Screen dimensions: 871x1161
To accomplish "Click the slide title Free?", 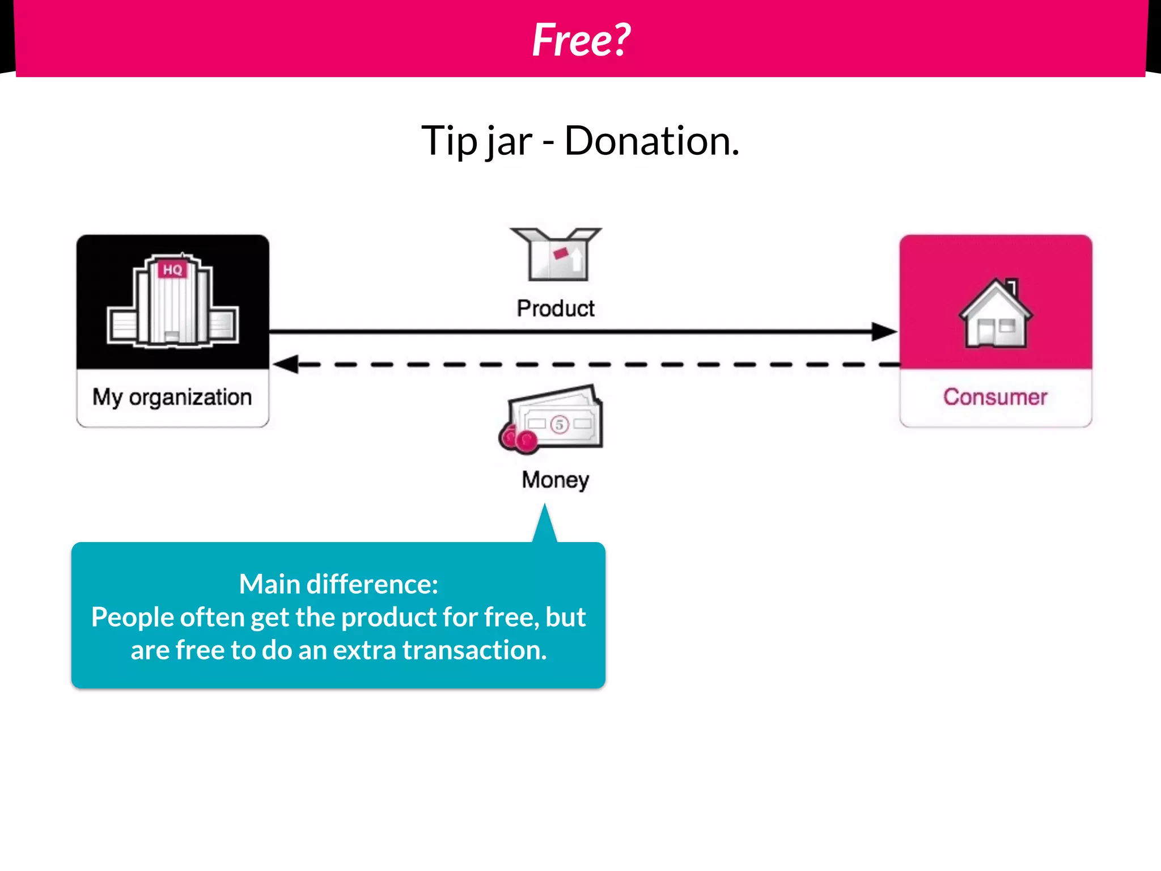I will click(581, 40).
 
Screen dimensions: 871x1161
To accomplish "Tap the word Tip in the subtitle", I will click(449, 141).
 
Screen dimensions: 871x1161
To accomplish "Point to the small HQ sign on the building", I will click(172, 269).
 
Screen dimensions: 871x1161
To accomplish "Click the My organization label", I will click(172, 397).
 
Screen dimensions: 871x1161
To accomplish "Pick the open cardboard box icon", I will click(556, 255).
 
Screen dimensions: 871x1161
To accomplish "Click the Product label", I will click(556, 308).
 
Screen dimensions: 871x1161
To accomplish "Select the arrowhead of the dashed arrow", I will click(286, 364).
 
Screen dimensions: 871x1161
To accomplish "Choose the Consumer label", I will click(995, 397).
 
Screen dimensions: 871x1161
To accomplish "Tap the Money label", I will click(556, 480).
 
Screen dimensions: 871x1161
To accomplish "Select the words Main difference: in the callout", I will click(338, 584).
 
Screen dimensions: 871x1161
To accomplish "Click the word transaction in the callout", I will click(474, 650).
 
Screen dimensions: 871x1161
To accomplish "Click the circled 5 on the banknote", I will click(560, 424).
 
